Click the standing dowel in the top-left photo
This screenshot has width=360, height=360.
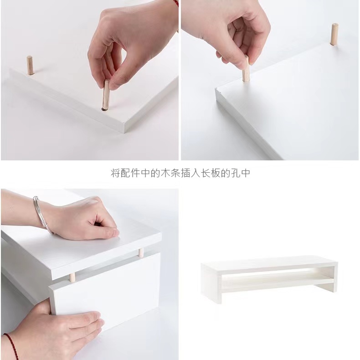click(x=30, y=66)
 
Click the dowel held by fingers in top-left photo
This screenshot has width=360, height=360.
click(x=106, y=95)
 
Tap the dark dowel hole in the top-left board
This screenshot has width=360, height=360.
click(x=104, y=109)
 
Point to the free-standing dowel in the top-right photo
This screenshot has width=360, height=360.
click(x=334, y=34)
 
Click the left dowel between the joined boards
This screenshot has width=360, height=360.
click(x=72, y=278)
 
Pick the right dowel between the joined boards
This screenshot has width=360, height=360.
click(x=141, y=252)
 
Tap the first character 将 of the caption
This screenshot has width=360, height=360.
click(x=115, y=173)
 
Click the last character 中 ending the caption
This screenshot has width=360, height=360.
click(x=246, y=173)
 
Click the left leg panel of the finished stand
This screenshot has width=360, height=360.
click(x=211, y=284)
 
